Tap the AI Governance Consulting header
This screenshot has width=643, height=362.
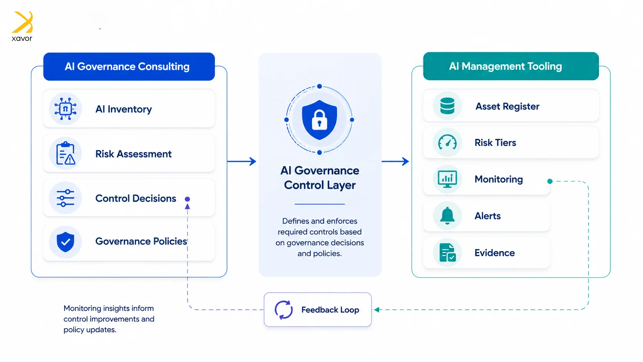[129, 66]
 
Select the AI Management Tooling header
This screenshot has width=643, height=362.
[511, 66]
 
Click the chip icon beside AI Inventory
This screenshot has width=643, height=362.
[65, 109]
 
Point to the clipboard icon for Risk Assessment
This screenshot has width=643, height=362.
[65, 153]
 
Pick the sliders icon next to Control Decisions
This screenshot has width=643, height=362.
[65, 198]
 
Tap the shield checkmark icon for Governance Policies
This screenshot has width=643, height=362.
[65, 242]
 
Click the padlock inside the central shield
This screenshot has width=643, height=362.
[319, 120]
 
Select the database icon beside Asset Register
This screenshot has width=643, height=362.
[447, 106]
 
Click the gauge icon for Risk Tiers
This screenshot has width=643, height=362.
[447, 142]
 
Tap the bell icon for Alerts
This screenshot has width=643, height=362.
[447, 215]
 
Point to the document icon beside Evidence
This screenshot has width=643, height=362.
[447, 253]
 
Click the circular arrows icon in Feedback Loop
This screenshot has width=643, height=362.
[283, 310]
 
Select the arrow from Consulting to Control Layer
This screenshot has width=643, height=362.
[242, 161]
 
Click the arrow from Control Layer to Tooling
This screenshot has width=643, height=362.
[395, 161]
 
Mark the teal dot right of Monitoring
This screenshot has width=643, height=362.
[550, 181]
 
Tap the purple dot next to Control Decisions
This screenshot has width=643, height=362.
[187, 199]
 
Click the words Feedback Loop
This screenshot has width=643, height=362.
[330, 310]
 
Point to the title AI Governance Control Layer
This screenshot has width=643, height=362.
[320, 178]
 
